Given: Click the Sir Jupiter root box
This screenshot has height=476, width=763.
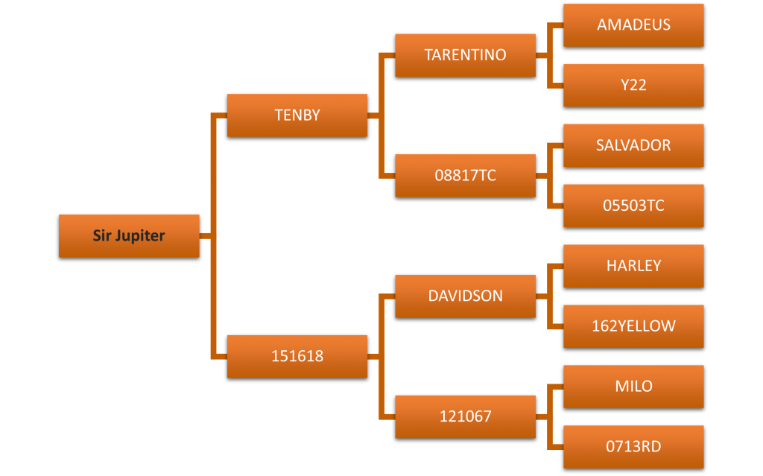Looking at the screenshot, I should [129, 236].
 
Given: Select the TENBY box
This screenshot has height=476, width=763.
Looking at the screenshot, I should [297, 115].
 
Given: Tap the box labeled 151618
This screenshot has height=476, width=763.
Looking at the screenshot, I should [297, 356].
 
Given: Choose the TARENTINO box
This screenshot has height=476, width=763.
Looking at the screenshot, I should [465, 55].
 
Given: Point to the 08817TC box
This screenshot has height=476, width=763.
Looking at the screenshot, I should [465, 176].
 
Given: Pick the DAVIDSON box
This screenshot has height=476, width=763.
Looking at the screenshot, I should [465, 296].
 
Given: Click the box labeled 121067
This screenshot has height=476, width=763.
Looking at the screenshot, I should [465, 416].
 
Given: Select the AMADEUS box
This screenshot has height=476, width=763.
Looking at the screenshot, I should [633, 25].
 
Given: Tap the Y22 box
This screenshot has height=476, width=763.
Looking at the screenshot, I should [633, 85].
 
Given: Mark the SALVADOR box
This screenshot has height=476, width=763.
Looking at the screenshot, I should [633, 145].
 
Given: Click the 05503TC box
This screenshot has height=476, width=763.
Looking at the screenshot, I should [633, 206].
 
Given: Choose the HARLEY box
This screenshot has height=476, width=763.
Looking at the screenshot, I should [633, 266].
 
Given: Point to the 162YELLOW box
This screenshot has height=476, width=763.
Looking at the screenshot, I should [633, 326].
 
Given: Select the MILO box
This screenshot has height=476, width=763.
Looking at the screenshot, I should [633, 387].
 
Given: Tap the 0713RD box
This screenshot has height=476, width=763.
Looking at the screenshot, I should [633, 447].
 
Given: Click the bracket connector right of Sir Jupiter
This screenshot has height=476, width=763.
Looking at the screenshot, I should [214, 236].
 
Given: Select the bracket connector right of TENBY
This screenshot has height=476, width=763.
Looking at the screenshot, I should [381, 115].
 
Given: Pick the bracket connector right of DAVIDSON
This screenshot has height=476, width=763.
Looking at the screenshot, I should [550, 296].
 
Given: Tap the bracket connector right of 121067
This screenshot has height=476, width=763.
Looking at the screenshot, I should [550, 416].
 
